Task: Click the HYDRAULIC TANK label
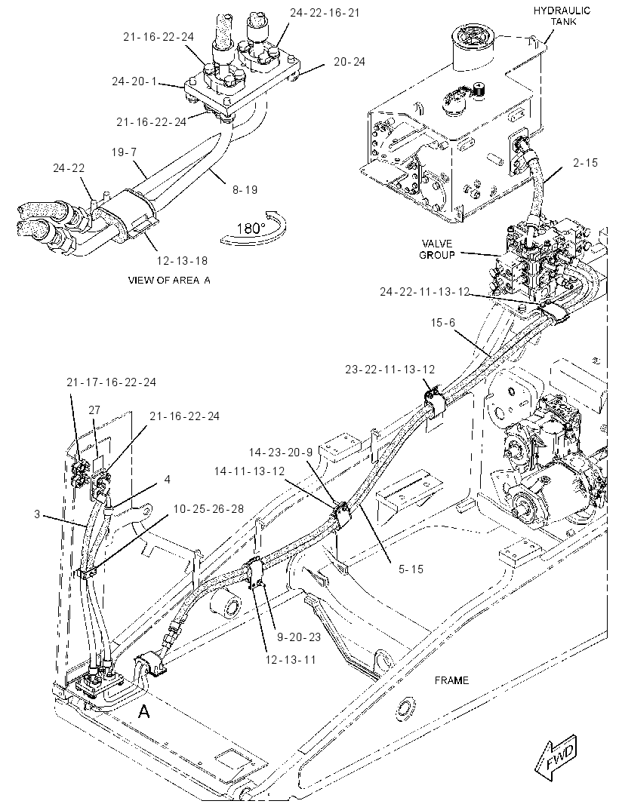(x=562, y=16)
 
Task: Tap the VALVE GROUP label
(x=437, y=249)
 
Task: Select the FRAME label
(x=451, y=680)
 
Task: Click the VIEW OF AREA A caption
(x=169, y=280)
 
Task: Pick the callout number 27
(x=94, y=410)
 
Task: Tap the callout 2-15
(x=586, y=163)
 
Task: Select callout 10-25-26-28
(x=208, y=508)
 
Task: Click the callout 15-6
(x=443, y=323)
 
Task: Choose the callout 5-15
(x=411, y=569)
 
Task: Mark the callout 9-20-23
(x=299, y=637)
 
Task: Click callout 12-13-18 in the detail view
(x=182, y=260)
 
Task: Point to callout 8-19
(x=245, y=190)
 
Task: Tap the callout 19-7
(x=125, y=152)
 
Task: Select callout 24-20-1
(x=134, y=81)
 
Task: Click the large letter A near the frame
(x=144, y=711)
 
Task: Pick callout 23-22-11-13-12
(x=390, y=369)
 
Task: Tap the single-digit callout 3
(x=37, y=514)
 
